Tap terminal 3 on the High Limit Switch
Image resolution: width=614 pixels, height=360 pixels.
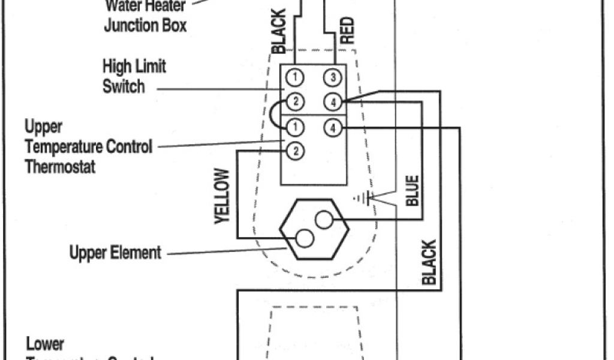[x=333, y=77]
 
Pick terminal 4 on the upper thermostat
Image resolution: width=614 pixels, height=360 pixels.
[x=333, y=127]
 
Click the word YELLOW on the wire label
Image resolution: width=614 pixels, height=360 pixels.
[x=222, y=196]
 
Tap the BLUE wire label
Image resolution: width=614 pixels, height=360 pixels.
[x=413, y=191]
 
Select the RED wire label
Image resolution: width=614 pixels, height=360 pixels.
[x=347, y=30]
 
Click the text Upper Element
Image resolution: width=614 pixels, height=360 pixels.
[x=115, y=253]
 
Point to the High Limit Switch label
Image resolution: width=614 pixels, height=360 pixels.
[x=134, y=76]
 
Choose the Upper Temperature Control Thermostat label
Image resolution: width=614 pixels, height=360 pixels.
[x=88, y=146]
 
